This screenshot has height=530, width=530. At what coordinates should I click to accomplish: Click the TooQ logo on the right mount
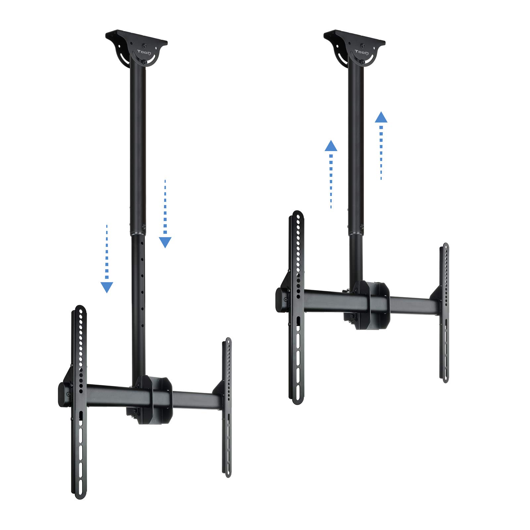pos(361,52)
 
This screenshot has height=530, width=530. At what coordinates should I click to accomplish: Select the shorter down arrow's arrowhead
pos(107,287)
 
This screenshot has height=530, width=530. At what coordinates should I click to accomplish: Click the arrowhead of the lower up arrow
pos(331,146)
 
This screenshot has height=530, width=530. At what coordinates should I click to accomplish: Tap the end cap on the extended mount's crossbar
pos(64,395)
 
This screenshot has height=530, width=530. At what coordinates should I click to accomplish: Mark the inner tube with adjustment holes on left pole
pos(138,298)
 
